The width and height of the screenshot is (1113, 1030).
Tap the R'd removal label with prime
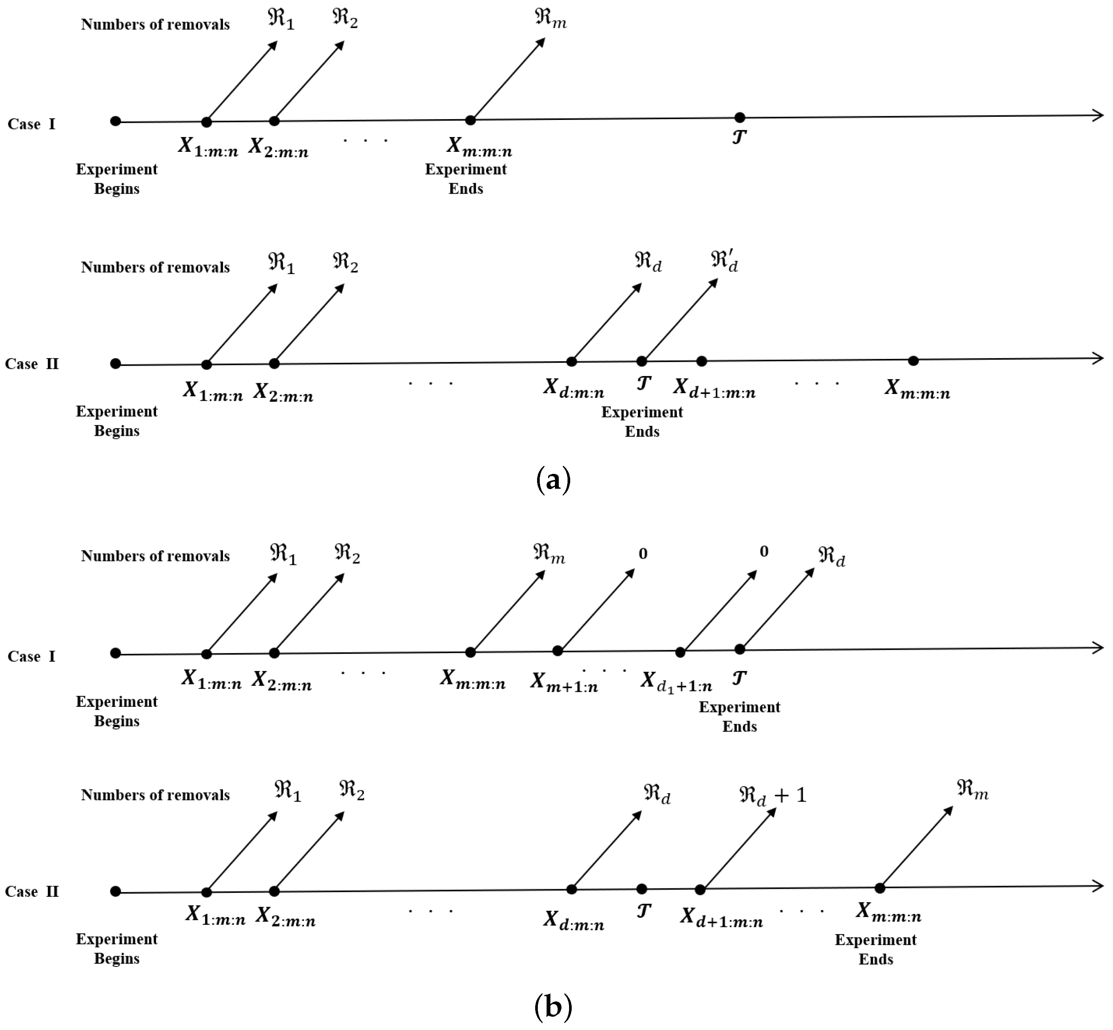point(724,261)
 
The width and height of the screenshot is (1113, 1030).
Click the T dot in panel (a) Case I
point(740,118)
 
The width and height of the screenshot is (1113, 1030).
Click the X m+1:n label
point(564,682)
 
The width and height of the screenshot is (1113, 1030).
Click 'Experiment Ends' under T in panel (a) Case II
point(642,422)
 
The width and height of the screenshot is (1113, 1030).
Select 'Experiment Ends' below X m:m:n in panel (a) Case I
point(466,179)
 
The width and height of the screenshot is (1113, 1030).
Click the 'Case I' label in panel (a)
point(32,124)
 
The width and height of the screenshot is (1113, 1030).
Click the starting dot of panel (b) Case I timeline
point(115,653)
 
